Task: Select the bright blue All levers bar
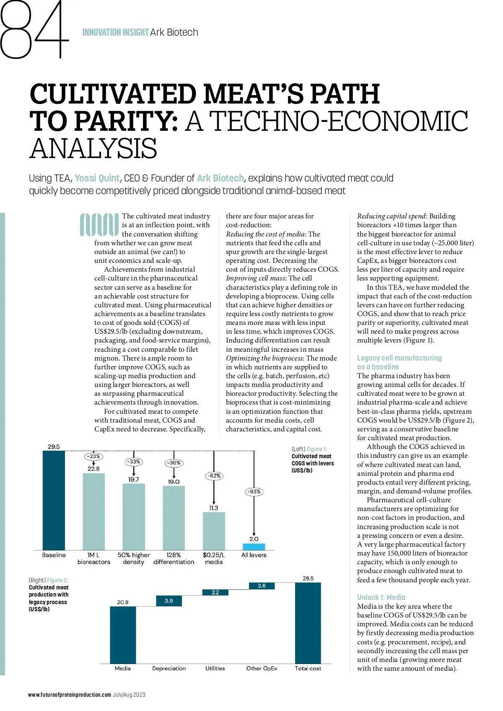click(x=254, y=547)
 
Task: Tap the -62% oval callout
click(x=214, y=476)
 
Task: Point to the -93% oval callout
click(x=254, y=491)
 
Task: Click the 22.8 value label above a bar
click(x=93, y=469)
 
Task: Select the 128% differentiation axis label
click(x=174, y=558)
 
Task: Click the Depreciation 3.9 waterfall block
click(x=169, y=601)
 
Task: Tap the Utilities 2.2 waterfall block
click(x=215, y=592)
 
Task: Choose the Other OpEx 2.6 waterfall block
click(x=262, y=586)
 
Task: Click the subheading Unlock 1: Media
click(x=381, y=597)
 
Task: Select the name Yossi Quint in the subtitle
click(x=97, y=178)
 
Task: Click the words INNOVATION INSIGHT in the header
click(x=115, y=32)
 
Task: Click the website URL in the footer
click(x=70, y=695)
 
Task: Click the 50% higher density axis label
click(x=133, y=558)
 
